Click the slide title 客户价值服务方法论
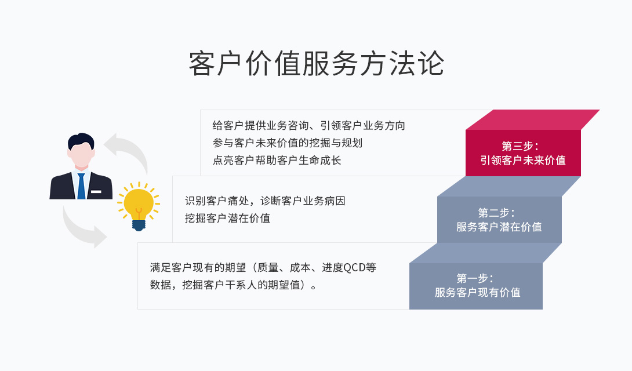[x=316, y=64]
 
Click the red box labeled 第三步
[x=522, y=152]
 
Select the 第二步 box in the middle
[x=499, y=219]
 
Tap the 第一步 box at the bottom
[x=475, y=285]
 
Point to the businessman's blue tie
[x=81, y=185]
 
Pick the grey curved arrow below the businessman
[x=81, y=229]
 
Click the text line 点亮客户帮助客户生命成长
[x=277, y=161]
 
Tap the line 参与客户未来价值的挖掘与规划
[x=287, y=143]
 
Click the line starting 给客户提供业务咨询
[x=308, y=125]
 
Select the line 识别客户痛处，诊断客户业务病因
[x=265, y=201]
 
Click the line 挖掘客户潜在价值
[x=227, y=219]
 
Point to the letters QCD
[x=355, y=268]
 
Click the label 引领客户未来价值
[x=522, y=161]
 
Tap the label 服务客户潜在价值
[x=499, y=227]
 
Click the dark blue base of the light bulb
[x=139, y=224]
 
